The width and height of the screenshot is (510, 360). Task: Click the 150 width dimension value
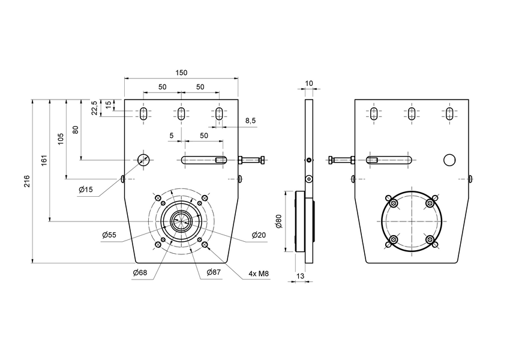click(181, 73)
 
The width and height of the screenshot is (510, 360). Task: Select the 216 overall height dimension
click(27, 181)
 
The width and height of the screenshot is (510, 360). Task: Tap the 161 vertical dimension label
click(44, 161)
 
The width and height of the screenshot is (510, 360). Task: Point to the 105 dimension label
click(60, 139)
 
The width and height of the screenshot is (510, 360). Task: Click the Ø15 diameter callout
click(86, 190)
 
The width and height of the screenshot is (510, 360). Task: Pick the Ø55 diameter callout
click(109, 235)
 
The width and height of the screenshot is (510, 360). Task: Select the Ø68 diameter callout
click(140, 273)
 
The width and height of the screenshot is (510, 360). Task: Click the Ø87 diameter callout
click(214, 273)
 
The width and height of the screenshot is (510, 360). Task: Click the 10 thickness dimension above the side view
click(309, 83)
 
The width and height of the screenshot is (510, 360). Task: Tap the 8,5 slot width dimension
click(250, 121)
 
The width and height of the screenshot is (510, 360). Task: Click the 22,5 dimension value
click(94, 108)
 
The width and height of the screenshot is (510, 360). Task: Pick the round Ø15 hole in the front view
click(143, 159)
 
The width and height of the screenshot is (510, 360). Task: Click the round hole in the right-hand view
click(450, 160)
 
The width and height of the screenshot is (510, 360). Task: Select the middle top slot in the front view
click(181, 113)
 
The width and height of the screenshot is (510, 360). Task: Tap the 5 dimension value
click(172, 136)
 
